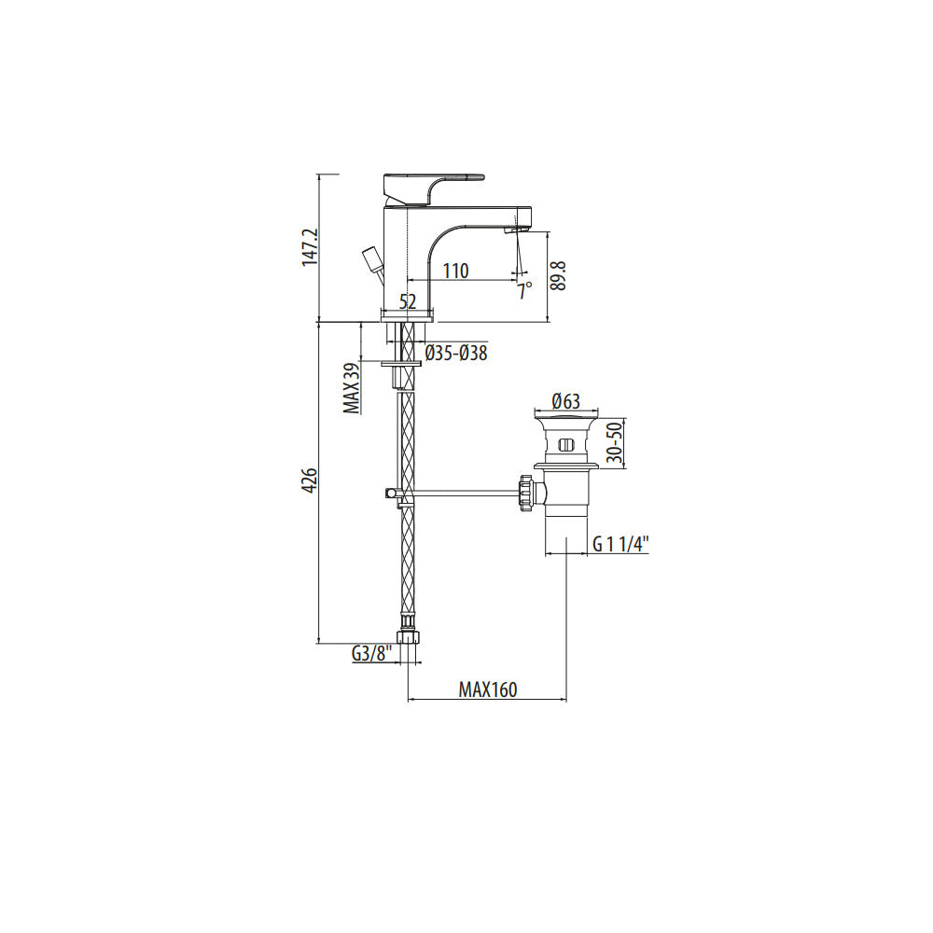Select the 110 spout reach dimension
tap(456, 271)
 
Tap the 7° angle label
tap(523, 291)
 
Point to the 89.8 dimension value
tap(558, 275)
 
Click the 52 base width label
tap(408, 301)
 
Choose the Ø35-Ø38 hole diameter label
tap(456, 353)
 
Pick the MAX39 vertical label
tap(351, 388)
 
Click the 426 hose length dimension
tap(312, 480)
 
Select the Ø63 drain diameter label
tap(566, 401)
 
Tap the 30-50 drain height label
tap(615, 441)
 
